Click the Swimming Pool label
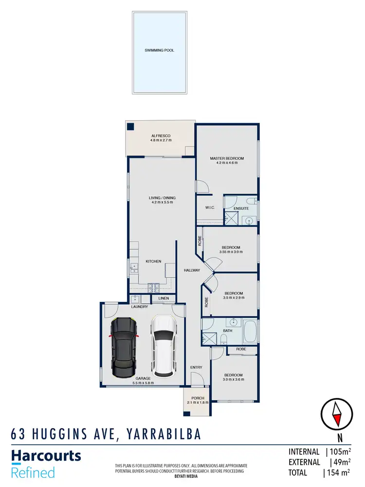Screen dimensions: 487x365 click(159, 50)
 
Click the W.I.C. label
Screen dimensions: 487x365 click(210, 207)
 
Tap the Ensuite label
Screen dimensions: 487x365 click(241, 208)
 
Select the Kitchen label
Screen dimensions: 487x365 click(153, 262)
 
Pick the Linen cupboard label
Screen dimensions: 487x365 click(164, 298)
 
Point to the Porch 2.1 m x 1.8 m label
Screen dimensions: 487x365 click(198, 400)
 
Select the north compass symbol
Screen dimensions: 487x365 click(336, 413)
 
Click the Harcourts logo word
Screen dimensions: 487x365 click(46, 456)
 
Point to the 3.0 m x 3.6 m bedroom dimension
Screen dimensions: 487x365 click(233, 380)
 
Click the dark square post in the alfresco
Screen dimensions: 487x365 click(130, 127)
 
